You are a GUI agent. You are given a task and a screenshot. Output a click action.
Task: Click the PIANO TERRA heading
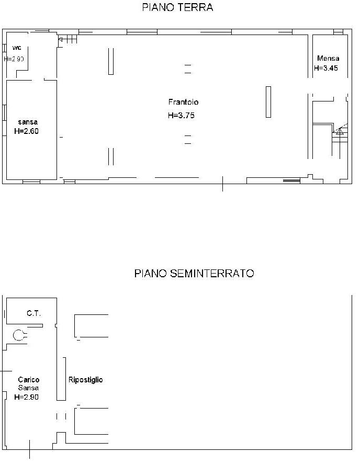pos(177,7)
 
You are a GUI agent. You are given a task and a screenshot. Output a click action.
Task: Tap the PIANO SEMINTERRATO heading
pos(194,273)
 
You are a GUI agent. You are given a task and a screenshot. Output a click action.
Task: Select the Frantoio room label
pos(183,102)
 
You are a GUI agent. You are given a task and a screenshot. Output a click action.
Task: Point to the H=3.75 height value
pos(181,116)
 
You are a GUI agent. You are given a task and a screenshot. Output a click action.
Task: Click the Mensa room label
pos(328,58)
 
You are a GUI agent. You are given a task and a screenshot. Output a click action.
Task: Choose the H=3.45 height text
pos(326,68)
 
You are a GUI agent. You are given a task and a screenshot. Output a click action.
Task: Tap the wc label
pos(17,48)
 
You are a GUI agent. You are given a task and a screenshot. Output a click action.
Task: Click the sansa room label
pos(28,122)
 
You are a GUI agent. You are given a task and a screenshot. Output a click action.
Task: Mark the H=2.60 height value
pos(26,131)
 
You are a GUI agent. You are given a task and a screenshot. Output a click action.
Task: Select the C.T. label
pos(33,313)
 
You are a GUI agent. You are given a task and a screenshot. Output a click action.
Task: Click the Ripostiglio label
pos(86,380)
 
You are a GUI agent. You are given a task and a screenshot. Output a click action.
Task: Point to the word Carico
pos(29,380)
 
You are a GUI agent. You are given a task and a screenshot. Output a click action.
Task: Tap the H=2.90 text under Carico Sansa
pos(26,397)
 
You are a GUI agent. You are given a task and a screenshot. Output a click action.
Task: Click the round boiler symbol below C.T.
pos(19,335)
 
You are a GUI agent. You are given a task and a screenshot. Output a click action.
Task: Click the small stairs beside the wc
pos(68,39)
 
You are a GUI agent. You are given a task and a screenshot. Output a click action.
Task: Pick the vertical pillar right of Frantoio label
pos(268,102)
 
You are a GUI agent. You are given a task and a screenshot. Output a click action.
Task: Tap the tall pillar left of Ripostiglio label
pos(61,379)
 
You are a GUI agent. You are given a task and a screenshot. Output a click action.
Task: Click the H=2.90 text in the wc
pos(14,59)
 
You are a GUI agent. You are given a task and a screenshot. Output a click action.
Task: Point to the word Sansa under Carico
pos(28,388)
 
